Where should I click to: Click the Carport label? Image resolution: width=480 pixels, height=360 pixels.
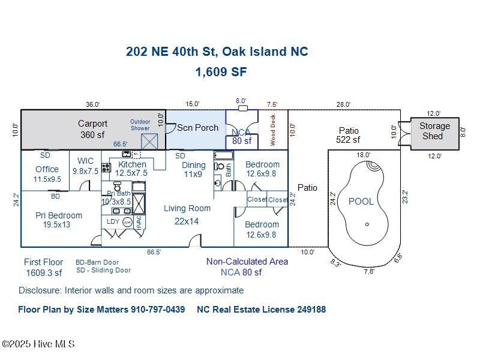(x=92, y=124)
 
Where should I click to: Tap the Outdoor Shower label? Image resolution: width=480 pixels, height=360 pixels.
(x=140, y=125)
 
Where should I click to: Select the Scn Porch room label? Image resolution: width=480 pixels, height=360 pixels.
(x=197, y=128)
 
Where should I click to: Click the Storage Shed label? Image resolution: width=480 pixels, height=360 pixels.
(x=434, y=131)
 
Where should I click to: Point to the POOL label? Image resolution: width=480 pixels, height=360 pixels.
(x=361, y=202)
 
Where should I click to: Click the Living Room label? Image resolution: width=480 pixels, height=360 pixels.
(x=187, y=208)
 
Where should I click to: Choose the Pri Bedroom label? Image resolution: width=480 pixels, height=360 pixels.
(x=59, y=215)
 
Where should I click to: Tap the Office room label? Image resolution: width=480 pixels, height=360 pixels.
(x=47, y=169)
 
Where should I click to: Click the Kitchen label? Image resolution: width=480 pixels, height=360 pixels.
(x=132, y=164)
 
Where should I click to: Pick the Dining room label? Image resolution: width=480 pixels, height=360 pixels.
(x=193, y=165)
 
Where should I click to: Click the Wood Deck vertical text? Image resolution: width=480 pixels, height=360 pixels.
(x=272, y=130)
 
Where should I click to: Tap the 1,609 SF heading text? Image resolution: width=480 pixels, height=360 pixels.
(x=221, y=72)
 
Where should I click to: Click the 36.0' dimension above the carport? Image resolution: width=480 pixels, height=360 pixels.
(x=92, y=104)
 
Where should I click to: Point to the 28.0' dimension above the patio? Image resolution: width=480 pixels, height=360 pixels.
(x=343, y=104)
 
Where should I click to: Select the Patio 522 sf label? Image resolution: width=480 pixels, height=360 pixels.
(x=349, y=135)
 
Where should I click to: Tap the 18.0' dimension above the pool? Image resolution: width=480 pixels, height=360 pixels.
(x=364, y=155)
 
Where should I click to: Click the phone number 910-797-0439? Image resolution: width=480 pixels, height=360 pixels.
(x=158, y=310)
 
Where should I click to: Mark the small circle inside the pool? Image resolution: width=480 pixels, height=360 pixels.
(x=367, y=224)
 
